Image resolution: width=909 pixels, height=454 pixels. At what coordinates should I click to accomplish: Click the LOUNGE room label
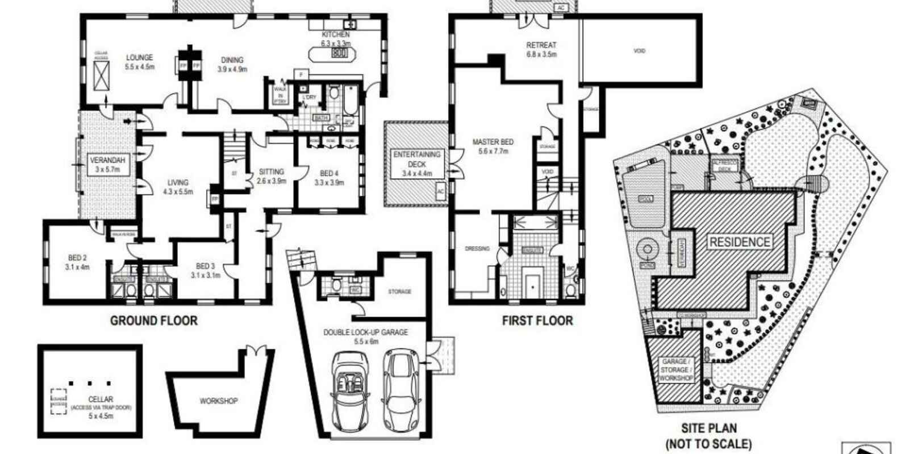click(x=140, y=62)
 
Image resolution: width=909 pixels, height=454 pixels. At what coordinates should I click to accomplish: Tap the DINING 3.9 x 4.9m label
click(x=232, y=64)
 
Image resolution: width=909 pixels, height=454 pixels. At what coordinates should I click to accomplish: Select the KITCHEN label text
click(x=336, y=39)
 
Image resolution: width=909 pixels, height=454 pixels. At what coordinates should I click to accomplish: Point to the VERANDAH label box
click(x=107, y=165)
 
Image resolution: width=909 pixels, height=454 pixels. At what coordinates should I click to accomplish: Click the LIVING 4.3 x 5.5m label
click(x=178, y=187)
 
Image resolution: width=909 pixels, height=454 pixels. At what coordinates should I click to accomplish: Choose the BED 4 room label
click(x=329, y=178)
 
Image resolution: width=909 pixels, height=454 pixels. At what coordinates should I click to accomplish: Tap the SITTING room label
click(x=271, y=176)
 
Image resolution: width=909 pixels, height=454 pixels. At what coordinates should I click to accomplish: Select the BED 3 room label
click(x=205, y=270)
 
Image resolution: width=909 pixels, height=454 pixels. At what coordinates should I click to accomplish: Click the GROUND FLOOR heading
click(x=154, y=321)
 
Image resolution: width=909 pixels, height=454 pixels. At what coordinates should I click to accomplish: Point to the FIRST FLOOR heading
click(x=537, y=321)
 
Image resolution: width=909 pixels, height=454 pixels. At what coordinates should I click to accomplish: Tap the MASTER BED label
click(x=493, y=146)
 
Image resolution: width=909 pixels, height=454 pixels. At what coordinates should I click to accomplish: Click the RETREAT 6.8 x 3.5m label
click(x=541, y=49)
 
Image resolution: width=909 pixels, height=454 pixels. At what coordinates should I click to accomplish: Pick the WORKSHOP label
click(x=219, y=401)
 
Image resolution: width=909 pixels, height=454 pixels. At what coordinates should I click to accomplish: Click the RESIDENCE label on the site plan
click(x=740, y=242)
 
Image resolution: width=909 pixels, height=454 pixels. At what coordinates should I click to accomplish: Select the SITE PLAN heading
click(x=708, y=436)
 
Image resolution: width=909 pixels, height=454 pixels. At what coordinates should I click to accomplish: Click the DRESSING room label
click(x=477, y=249)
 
